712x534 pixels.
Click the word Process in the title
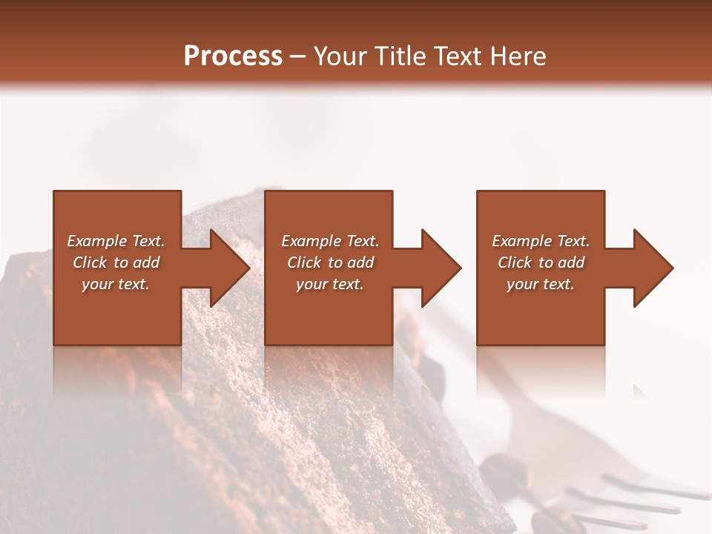[x=233, y=56]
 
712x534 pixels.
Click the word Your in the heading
[x=342, y=56]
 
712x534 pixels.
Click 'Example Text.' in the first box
[x=116, y=241]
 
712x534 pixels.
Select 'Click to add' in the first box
[x=116, y=263]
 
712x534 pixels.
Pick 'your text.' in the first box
[x=116, y=284]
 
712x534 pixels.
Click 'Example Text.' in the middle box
[x=330, y=241]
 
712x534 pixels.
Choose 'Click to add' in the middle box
[x=330, y=263]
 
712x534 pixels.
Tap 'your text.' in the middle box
[x=330, y=284]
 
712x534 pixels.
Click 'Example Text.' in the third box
[x=541, y=241]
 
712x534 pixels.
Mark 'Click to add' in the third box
[x=541, y=263]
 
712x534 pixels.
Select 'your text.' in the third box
[x=541, y=284]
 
